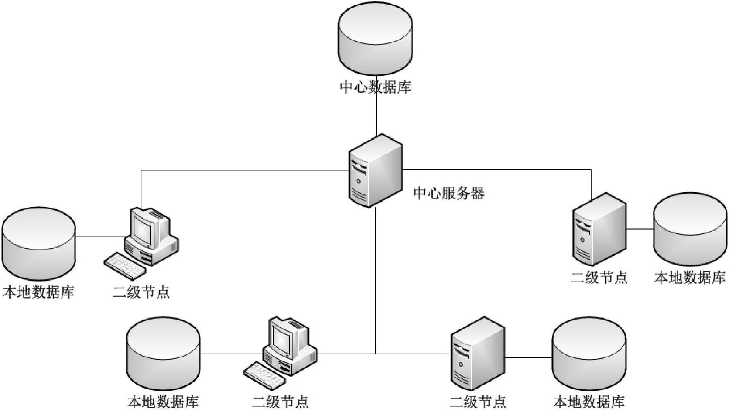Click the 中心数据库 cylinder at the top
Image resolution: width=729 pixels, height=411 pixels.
pos(375,40)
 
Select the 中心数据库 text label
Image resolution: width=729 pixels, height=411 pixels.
pos(375,87)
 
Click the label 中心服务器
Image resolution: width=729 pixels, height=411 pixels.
pos(449,193)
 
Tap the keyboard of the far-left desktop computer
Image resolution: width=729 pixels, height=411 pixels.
pos(125,266)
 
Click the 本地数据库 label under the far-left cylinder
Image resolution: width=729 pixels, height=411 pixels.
pos(38,292)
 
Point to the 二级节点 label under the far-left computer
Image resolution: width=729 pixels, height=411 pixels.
pos(141,292)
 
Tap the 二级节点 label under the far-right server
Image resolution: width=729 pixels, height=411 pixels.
pos(599,278)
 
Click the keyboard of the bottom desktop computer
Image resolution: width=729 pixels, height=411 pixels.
pos(264,376)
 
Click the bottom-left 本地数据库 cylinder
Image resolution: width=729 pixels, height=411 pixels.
pos(163,354)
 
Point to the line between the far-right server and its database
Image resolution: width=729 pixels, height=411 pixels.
pos(640,229)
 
